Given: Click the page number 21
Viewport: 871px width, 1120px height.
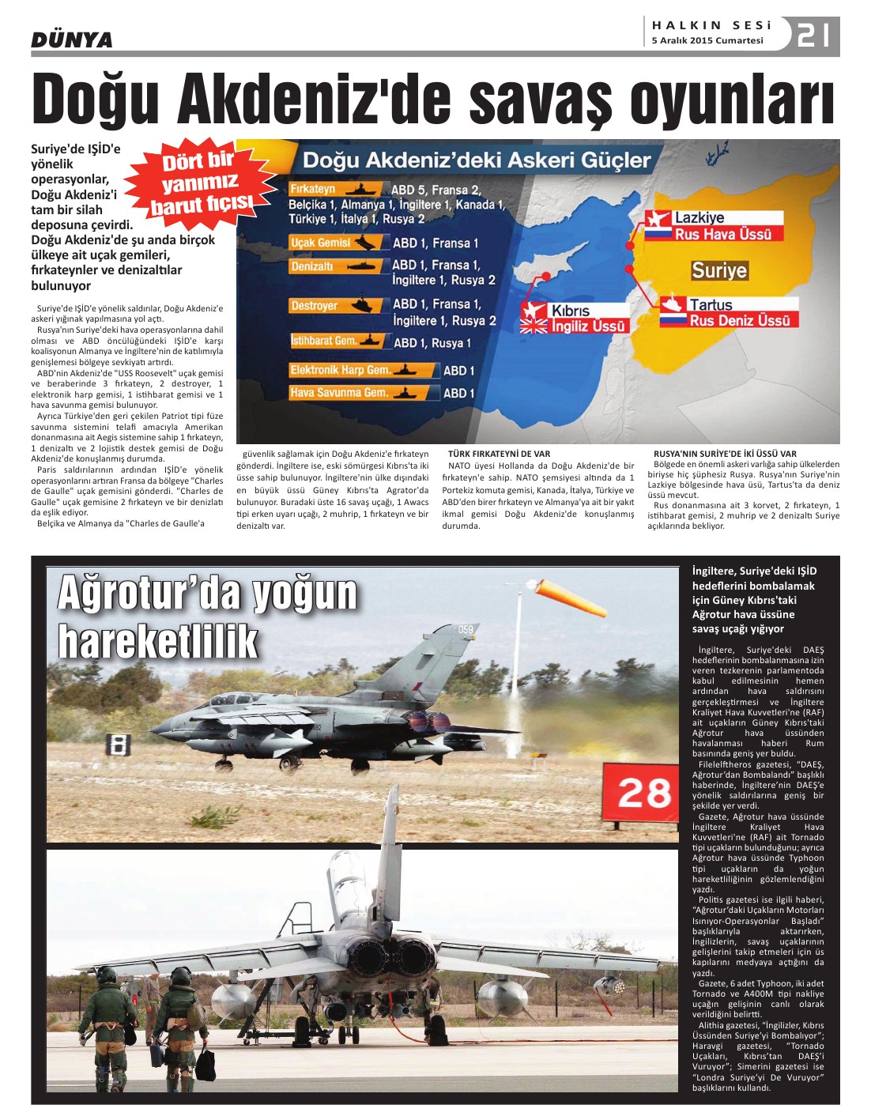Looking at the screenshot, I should click(814, 36).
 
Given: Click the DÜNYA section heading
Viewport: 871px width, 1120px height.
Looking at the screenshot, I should click(72, 40).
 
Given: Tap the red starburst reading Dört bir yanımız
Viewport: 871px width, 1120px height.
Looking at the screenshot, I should click(202, 183).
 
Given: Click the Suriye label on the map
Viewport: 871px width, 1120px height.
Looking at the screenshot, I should click(719, 271).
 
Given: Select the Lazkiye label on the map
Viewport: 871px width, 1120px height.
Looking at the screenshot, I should click(699, 217).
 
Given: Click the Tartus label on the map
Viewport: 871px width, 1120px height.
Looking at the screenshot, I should click(711, 304).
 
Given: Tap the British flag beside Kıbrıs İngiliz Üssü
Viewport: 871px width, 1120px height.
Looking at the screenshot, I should click(534, 326).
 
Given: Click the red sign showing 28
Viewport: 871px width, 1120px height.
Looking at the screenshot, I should click(643, 792).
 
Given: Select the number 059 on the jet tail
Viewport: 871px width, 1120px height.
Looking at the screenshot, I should click(466, 630).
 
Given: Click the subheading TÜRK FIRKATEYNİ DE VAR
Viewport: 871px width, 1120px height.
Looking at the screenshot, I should click(499, 454).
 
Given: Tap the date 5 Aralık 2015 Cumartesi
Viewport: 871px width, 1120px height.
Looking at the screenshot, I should click(707, 40).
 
